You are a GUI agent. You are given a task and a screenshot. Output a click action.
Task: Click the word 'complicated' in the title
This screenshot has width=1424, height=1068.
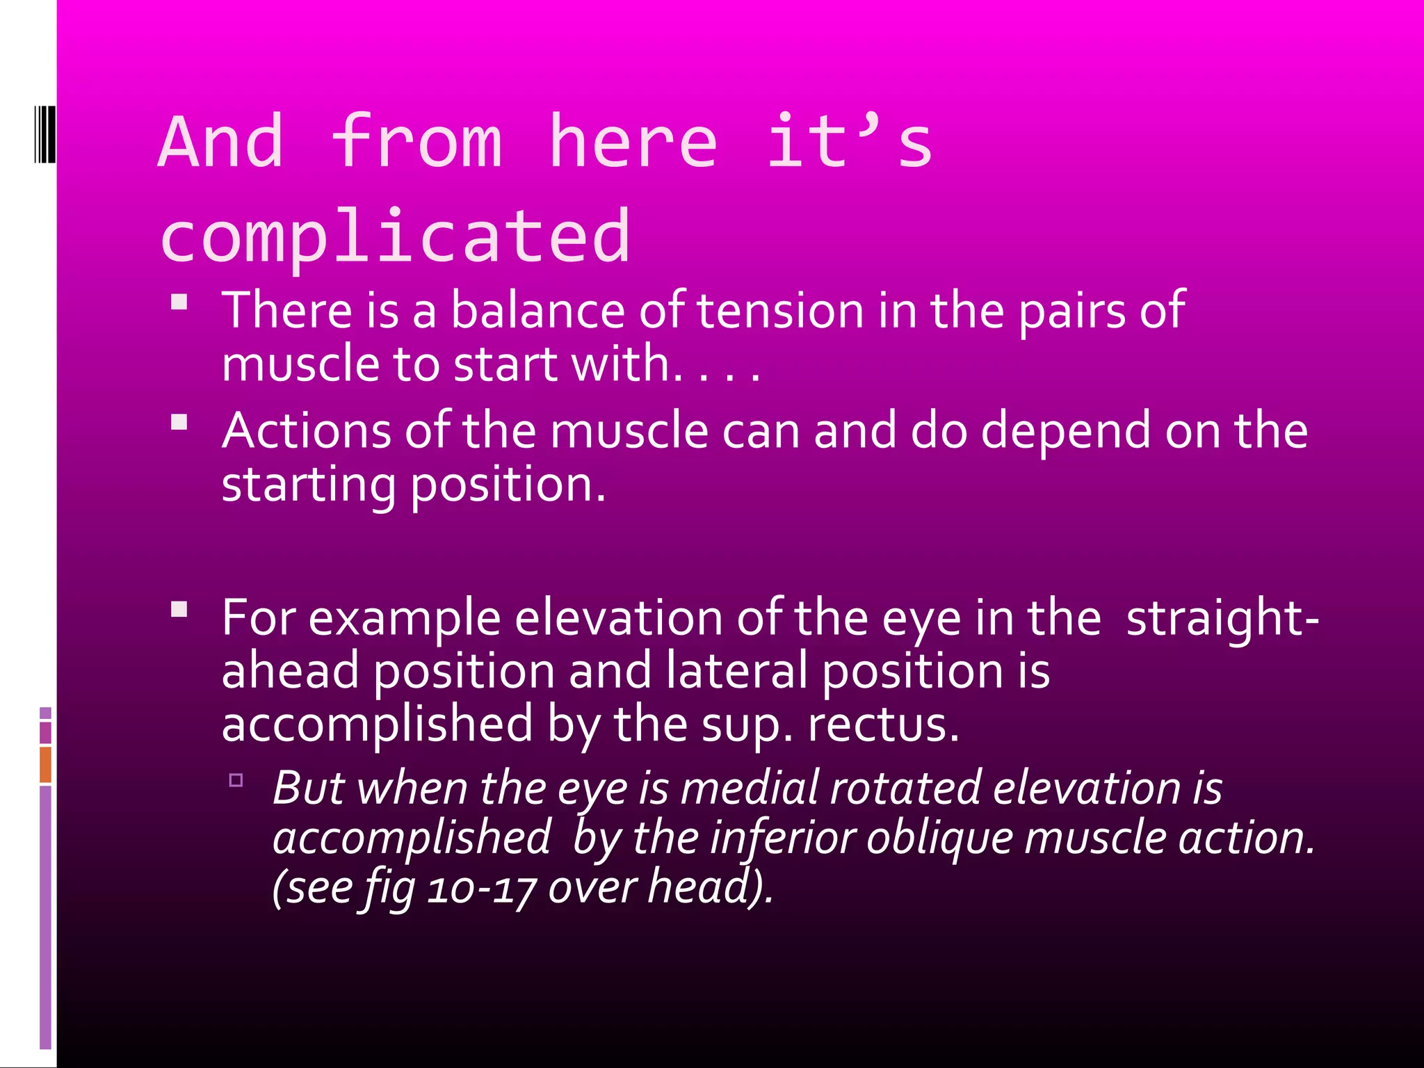(x=395, y=237)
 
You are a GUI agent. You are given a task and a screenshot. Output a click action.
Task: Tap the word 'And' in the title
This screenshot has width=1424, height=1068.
(x=221, y=143)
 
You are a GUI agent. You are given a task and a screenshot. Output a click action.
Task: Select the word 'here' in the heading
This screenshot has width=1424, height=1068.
(x=633, y=143)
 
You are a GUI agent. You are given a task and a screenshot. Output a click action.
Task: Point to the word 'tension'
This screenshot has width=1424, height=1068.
(x=779, y=310)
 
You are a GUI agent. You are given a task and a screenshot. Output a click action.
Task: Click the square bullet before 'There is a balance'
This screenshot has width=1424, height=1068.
(x=179, y=302)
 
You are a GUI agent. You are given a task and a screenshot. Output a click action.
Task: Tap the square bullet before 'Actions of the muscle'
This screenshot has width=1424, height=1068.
(x=179, y=422)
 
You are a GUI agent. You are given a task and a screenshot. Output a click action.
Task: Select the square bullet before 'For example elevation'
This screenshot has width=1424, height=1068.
(x=179, y=610)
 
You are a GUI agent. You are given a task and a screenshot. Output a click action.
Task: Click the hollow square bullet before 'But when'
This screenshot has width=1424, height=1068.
(x=236, y=780)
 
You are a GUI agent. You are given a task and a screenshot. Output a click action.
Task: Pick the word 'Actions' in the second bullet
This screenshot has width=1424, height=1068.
(x=306, y=431)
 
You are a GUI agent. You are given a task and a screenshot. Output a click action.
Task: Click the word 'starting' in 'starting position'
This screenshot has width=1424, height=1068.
(x=308, y=485)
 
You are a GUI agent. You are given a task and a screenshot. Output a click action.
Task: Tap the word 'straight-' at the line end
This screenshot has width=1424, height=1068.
(x=1222, y=618)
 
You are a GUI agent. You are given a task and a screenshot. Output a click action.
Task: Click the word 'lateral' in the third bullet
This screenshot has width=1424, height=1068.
(x=736, y=672)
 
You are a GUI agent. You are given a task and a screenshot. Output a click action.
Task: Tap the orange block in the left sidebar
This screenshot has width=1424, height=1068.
(x=45, y=764)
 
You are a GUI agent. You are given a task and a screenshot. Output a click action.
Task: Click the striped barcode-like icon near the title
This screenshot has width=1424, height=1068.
(x=44, y=133)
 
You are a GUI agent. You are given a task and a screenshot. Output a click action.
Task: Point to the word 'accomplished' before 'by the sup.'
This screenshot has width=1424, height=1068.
(x=377, y=725)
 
